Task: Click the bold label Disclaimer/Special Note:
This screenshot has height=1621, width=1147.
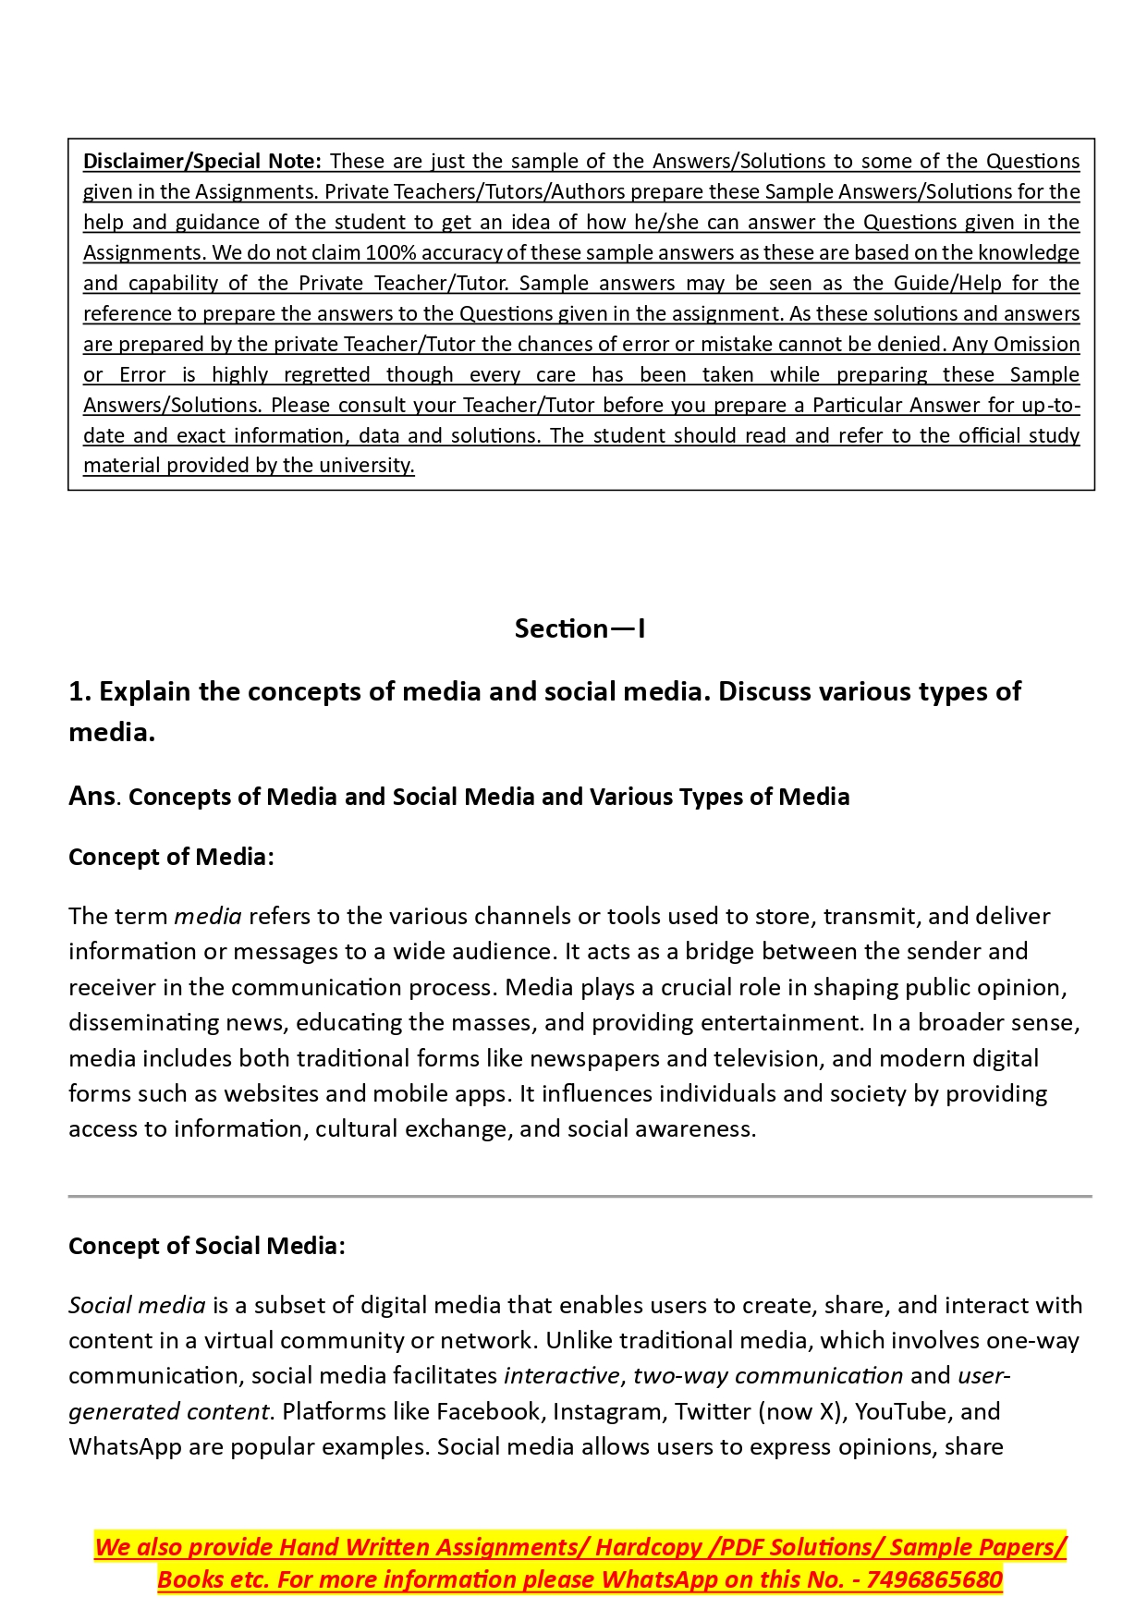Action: click(x=202, y=161)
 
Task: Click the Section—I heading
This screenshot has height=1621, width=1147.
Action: click(x=580, y=628)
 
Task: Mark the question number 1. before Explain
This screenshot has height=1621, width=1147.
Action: click(x=80, y=691)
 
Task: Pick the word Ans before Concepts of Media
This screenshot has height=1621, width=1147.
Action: click(x=92, y=796)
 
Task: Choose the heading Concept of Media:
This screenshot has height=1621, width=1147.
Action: click(x=171, y=857)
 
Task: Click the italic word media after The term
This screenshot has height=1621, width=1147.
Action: click(x=208, y=916)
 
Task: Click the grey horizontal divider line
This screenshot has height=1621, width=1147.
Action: click(x=580, y=1196)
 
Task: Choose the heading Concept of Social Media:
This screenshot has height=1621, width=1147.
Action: click(x=207, y=1246)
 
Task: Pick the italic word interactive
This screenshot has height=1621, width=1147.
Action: click(x=561, y=1375)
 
